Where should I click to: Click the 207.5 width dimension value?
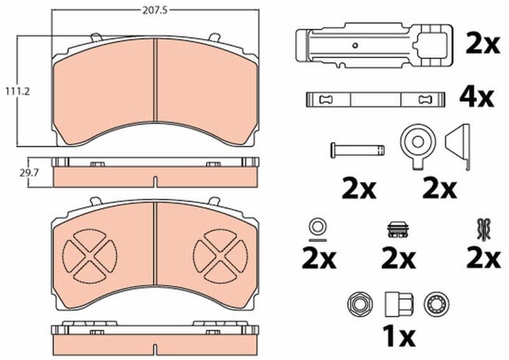coord(155,10)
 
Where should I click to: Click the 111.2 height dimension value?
coord(17,92)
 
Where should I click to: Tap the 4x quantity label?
coord(476,97)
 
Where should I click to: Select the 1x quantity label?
coord(399,336)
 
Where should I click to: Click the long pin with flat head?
coord(358,150)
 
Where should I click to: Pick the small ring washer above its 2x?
coord(317,226)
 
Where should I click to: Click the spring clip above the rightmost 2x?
coord(484,229)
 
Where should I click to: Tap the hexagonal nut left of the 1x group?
coord(358,304)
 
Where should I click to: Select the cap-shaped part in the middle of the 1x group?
coord(399,304)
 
